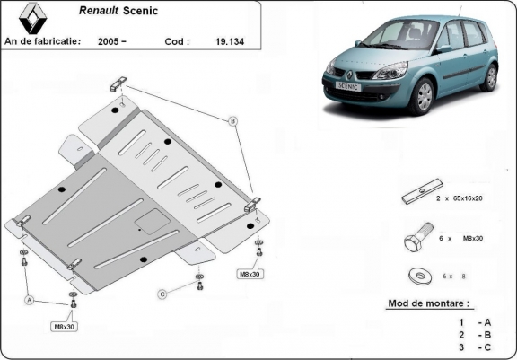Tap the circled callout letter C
162,294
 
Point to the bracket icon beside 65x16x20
416,197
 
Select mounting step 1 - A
474,321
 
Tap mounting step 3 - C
474,347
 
